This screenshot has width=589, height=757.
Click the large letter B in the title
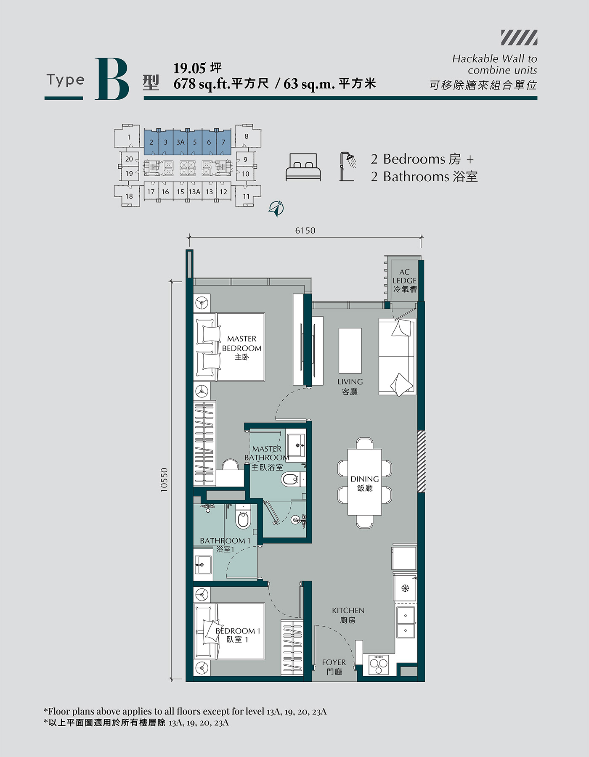pos(112,79)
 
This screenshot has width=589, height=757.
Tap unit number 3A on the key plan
pos(180,142)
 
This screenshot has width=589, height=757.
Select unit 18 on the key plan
pos(129,196)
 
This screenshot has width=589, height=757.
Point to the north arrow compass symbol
pos(276,208)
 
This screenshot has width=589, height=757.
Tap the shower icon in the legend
pos(348,167)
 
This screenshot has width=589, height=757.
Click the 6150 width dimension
pos(305,230)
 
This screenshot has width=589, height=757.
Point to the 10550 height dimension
pos(164,480)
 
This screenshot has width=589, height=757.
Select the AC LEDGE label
pos(405,281)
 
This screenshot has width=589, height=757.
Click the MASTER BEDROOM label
pos(242,348)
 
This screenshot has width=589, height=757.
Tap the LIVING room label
pos(350,386)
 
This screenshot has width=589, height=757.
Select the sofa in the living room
pos(397,357)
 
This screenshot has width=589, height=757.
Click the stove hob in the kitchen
pos(379,664)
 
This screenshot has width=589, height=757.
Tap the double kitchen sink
pos(406,622)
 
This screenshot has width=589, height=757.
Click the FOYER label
pos(334,667)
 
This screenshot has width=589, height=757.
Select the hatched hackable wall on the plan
pos(421,461)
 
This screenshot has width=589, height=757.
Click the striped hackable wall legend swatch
pos(519,37)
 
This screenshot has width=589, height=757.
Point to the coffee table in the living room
pos(350,351)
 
